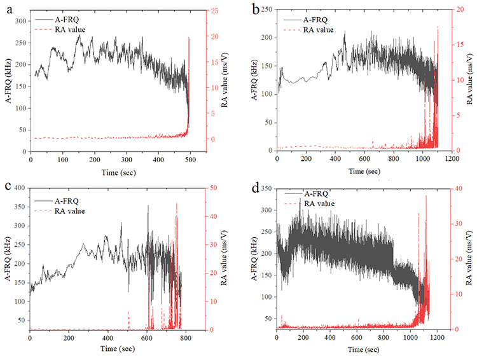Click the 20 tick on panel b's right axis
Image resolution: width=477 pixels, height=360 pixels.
460,9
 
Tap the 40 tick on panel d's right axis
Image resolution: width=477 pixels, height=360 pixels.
460,188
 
